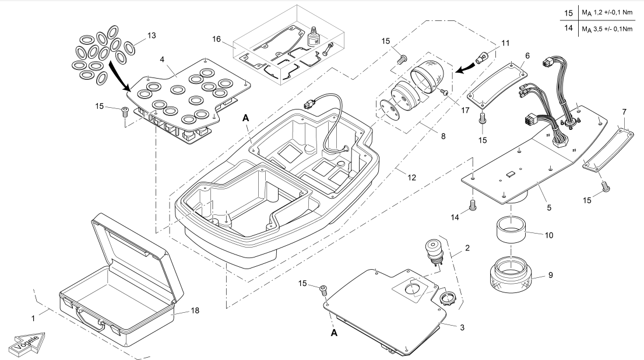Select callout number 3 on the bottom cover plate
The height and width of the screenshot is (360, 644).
pyautogui.click(x=462, y=328)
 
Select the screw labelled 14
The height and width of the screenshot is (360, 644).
pyautogui.click(x=473, y=204)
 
